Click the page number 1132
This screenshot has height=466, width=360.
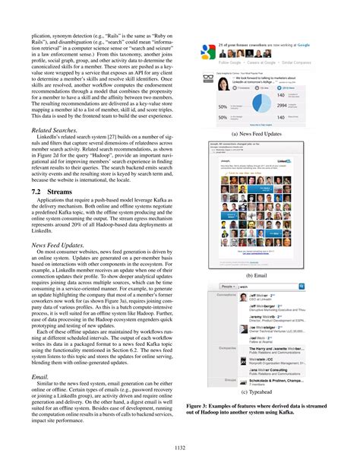[180, 448]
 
